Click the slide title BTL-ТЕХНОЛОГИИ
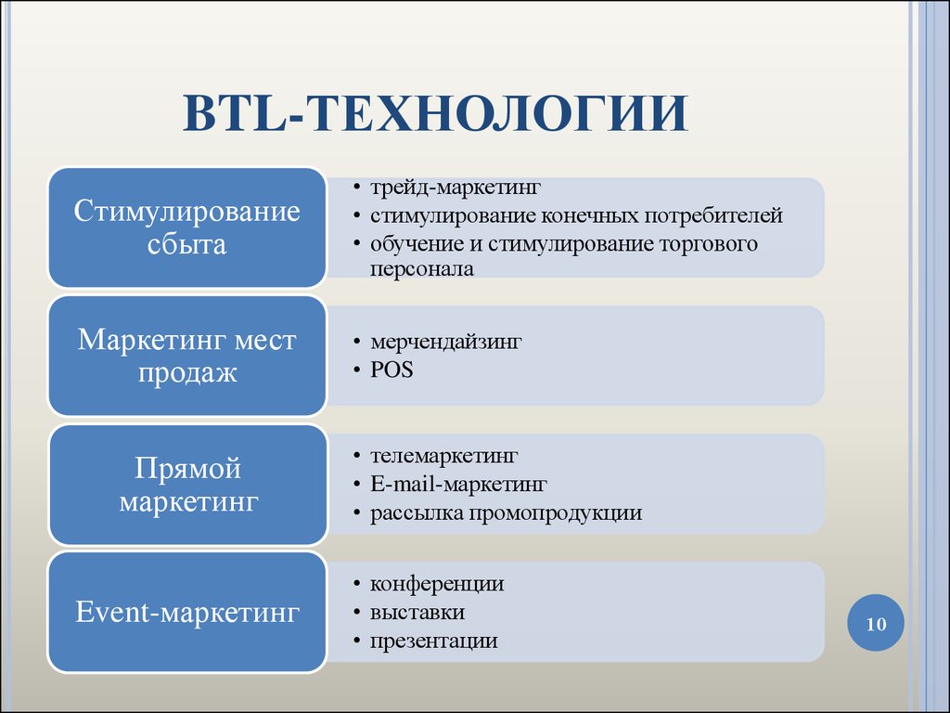pyautogui.click(x=435, y=113)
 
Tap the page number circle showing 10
pyautogui.click(x=876, y=623)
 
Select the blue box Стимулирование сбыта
pyautogui.click(x=187, y=227)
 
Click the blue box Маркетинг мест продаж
pyautogui.click(x=187, y=356)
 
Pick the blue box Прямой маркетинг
pyautogui.click(x=187, y=485)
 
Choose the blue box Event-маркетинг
pyautogui.click(x=187, y=612)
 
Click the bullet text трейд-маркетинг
pyautogui.click(x=455, y=188)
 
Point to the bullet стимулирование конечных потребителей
pyautogui.click(x=576, y=215)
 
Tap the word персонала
pyautogui.click(x=422, y=269)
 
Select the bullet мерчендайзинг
pyautogui.click(x=446, y=342)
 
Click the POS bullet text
pyautogui.click(x=392, y=369)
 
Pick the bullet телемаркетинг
pyautogui.click(x=444, y=456)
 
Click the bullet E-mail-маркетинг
pyautogui.click(x=458, y=485)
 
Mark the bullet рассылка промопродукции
pyautogui.click(x=506, y=513)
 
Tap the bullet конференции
pyautogui.click(x=437, y=585)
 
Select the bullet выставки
pyautogui.click(x=417, y=613)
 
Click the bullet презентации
pyautogui.click(x=434, y=642)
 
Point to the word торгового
pyautogui.click(x=708, y=244)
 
